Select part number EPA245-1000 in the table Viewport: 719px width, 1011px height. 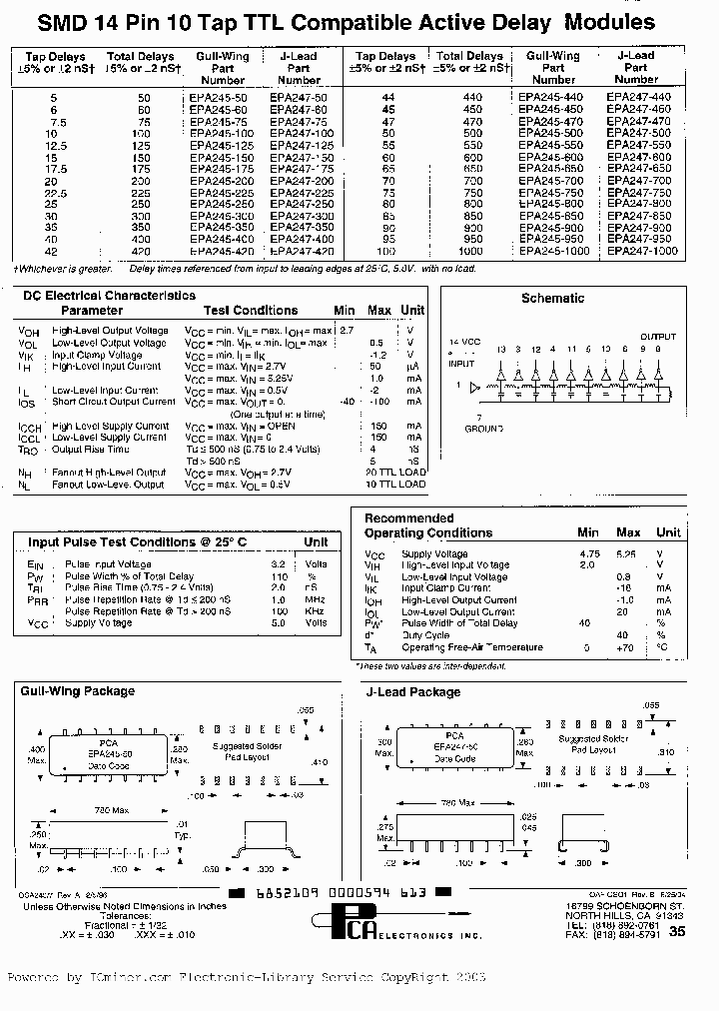(553, 251)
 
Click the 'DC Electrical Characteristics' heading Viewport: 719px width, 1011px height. (110, 296)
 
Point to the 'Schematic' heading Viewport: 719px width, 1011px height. (552, 298)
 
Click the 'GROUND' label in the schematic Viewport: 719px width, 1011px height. (483, 428)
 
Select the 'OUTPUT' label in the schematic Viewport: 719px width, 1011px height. (657, 337)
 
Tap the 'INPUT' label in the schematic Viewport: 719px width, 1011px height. (462, 364)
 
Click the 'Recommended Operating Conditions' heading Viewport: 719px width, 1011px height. (427, 525)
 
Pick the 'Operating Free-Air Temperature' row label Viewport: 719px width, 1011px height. (471, 647)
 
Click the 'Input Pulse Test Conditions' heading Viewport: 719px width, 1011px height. (138, 541)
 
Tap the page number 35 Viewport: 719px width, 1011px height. (677, 931)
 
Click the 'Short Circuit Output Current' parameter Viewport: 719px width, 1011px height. (114, 402)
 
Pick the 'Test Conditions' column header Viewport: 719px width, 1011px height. (251, 311)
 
